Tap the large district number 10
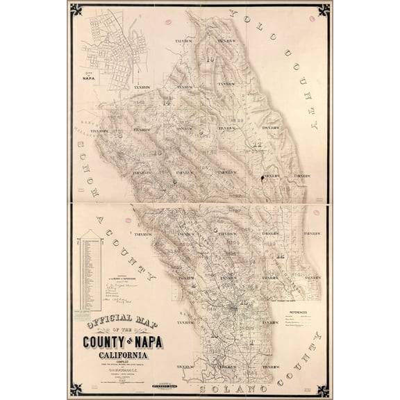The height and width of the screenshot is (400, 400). pyautogui.click(x=209, y=59)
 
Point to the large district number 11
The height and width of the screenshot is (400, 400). pyautogui.click(x=258, y=144)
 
